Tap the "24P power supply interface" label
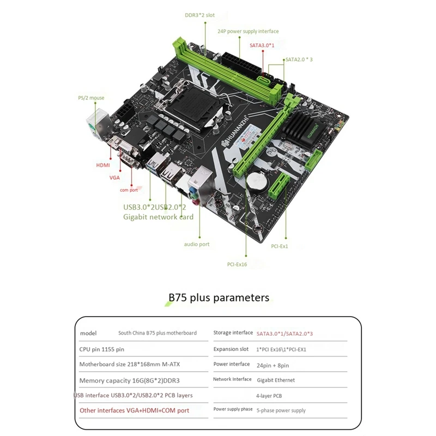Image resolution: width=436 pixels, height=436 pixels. [x=248, y=32]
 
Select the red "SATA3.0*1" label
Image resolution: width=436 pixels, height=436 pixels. [x=263, y=45]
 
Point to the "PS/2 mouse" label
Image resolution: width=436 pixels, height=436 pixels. [x=90, y=98]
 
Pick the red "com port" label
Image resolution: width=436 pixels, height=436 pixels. [x=129, y=190]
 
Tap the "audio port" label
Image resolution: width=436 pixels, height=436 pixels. [x=197, y=244]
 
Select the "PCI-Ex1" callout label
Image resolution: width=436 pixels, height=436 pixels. [x=279, y=246]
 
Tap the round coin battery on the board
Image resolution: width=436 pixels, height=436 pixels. [x=257, y=182]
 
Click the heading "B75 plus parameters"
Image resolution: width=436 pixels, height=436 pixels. [x=218, y=298]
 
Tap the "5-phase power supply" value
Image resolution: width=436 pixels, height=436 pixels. [x=281, y=410]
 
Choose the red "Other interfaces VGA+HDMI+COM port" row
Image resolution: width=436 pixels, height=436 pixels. [x=135, y=410]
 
